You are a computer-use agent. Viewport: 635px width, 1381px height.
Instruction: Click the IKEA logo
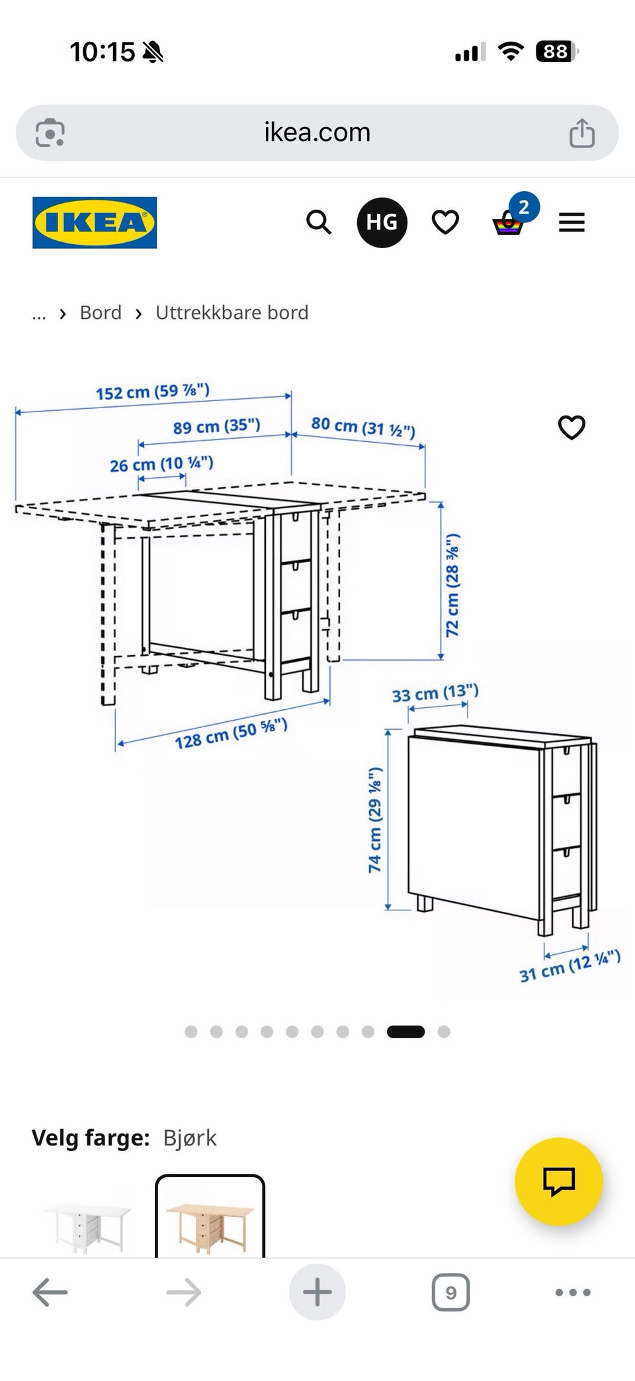(x=95, y=222)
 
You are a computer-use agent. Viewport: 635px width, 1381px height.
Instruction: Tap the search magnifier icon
(x=319, y=222)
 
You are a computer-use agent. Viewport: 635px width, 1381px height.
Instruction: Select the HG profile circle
(x=382, y=222)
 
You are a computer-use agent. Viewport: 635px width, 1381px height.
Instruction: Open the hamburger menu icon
(x=571, y=222)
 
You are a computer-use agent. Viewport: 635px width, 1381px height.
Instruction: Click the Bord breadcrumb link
(x=101, y=312)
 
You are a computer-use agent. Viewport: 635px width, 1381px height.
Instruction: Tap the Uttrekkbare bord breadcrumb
(x=232, y=312)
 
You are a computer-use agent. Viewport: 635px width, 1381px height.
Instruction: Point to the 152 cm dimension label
(x=153, y=392)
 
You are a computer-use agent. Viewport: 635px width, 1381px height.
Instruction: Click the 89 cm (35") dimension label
(x=217, y=426)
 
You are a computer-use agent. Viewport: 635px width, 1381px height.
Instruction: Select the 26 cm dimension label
(x=161, y=464)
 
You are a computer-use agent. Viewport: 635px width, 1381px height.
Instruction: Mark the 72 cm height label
(x=452, y=585)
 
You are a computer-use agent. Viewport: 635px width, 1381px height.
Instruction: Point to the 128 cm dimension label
(x=231, y=734)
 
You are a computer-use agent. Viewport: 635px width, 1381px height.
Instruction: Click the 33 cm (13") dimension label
(x=435, y=693)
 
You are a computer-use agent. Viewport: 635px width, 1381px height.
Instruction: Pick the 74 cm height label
(x=375, y=820)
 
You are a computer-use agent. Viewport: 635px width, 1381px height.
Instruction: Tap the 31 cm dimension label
(x=570, y=966)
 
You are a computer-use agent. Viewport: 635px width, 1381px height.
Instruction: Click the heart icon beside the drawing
(x=571, y=427)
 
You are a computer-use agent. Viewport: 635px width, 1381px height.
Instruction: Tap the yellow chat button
(x=559, y=1181)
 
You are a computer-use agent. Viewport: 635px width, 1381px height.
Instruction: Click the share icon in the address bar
(x=582, y=132)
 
